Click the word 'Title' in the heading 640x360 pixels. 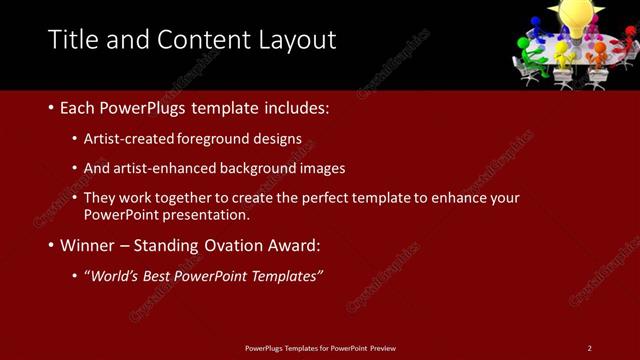click(x=73, y=39)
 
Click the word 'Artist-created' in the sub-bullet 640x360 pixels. click(x=127, y=138)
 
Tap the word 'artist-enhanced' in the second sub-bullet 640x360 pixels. click(x=164, y=168)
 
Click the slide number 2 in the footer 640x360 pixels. click(x=589, y=348)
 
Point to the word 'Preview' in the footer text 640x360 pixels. click(x=383, y=348)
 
